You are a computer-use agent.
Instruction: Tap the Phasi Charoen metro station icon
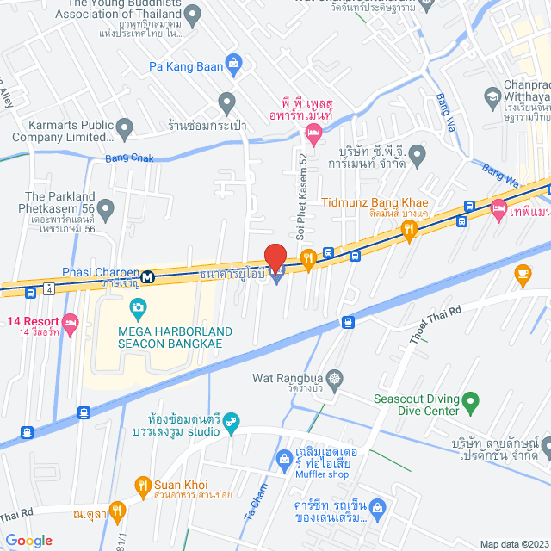[x=149, y=277]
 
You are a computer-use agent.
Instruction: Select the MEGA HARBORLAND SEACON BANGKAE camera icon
[x=137, y=306]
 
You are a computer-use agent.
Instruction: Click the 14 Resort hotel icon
[x=71, y=323]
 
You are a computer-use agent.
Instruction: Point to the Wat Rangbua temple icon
[x=334, y=378]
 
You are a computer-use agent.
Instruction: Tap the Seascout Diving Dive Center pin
[x=470, y=400]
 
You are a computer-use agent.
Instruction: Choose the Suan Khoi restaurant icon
[x=143, y=486]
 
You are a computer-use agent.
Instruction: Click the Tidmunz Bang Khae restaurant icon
[x=408, y=229]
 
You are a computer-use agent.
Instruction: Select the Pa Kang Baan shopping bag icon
[x=233, y=65]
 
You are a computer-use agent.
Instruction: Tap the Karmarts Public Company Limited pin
[x=124, y=130]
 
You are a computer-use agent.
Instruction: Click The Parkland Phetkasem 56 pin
[x=106, y=208]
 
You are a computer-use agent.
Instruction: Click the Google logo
[x=28, y=540]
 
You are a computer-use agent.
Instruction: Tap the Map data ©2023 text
[x=512, y=543]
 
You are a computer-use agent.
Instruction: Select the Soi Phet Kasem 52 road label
[x=301, y=195]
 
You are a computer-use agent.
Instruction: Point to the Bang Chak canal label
[x=128, y=158]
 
